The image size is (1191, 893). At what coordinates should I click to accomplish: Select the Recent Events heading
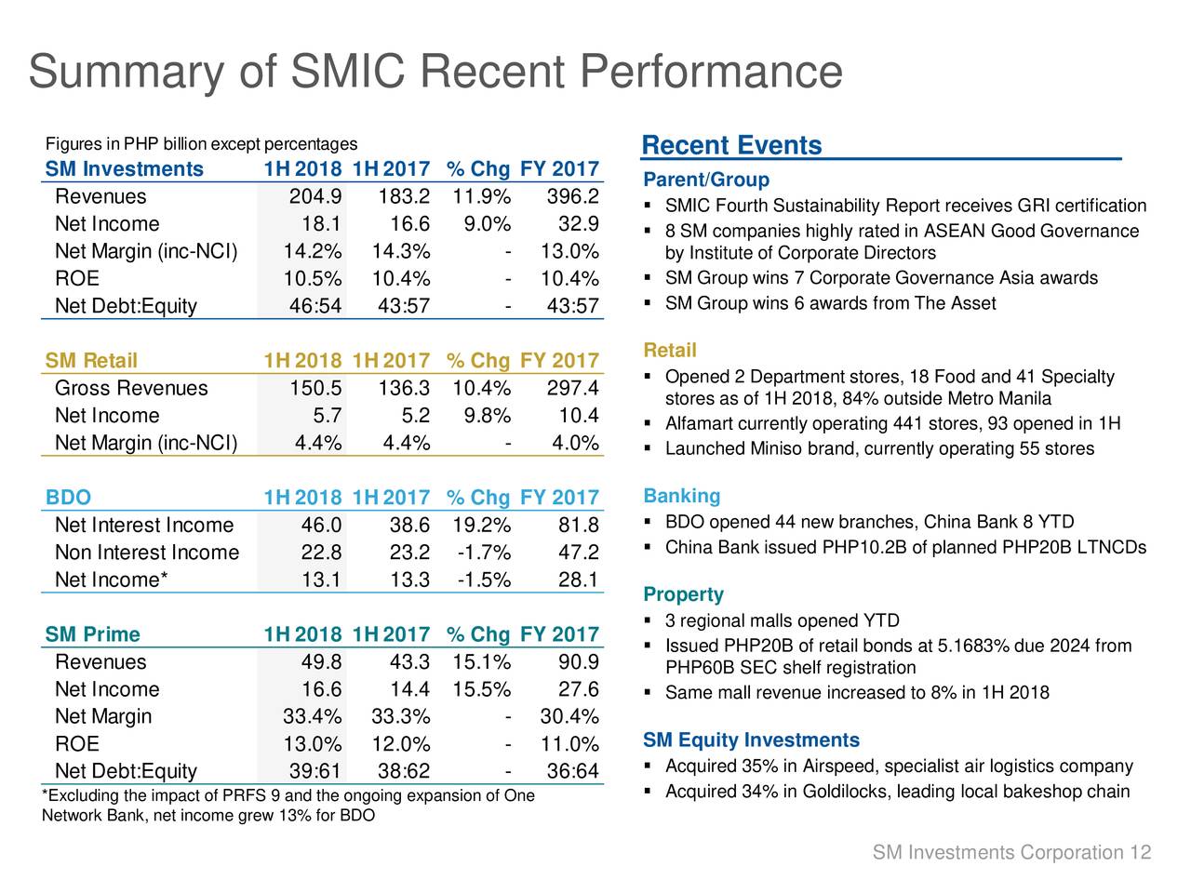coord(732,146)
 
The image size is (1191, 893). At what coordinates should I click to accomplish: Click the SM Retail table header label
coord(91,361)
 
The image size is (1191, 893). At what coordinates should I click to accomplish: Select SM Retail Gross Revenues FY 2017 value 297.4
coord(571,388)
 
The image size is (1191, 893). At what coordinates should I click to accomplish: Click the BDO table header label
coord(68,498)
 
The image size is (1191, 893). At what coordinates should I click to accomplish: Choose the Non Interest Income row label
coord(147,553)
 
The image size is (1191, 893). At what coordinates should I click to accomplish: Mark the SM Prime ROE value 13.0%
coord(312,745)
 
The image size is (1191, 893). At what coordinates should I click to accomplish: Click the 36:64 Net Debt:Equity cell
coord(571,772)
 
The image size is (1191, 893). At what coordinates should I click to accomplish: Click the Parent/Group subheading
coord(706,180)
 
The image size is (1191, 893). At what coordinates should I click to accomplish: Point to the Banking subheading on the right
coord(682,497)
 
